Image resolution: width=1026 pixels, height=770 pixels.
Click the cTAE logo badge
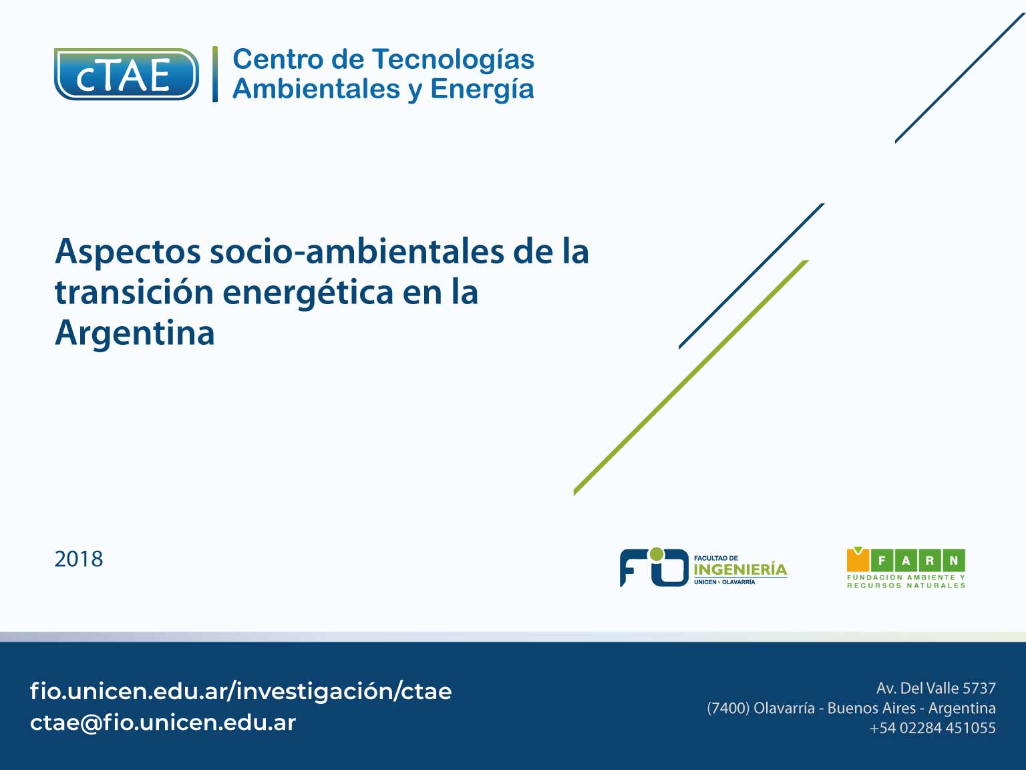tap(126, 74)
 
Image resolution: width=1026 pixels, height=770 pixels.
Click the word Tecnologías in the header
tap(453, 59)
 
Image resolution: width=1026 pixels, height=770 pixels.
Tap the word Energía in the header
tap(482, 90)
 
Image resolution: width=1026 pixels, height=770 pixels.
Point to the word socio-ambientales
tap(357, 251)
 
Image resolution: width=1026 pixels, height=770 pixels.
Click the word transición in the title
tap(134, 292)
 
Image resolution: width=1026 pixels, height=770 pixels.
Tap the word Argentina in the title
tap(135, 333)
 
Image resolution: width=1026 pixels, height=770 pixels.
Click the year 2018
tap(79, 559)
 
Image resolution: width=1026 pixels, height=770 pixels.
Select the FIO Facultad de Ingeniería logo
tap(703, 567)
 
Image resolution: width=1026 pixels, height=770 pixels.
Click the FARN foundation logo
tap(906, 567)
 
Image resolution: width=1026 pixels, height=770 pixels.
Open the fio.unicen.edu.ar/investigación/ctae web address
tap(240, 691)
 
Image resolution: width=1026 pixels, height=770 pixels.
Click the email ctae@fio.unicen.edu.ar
tap(163, 723)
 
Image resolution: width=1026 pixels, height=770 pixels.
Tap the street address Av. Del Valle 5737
tap(936, 688)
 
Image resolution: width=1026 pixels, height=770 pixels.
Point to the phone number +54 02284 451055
tap(932, 728)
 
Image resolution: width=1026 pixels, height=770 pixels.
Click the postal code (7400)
tap(728, 709)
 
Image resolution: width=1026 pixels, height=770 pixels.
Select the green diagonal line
tap(691, 378)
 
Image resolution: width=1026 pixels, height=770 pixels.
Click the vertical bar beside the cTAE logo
tap(215, 74)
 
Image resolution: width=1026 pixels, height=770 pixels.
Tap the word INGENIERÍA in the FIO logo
tap(740, 569)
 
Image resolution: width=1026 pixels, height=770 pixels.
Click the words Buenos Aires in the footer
tap(871, 709)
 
